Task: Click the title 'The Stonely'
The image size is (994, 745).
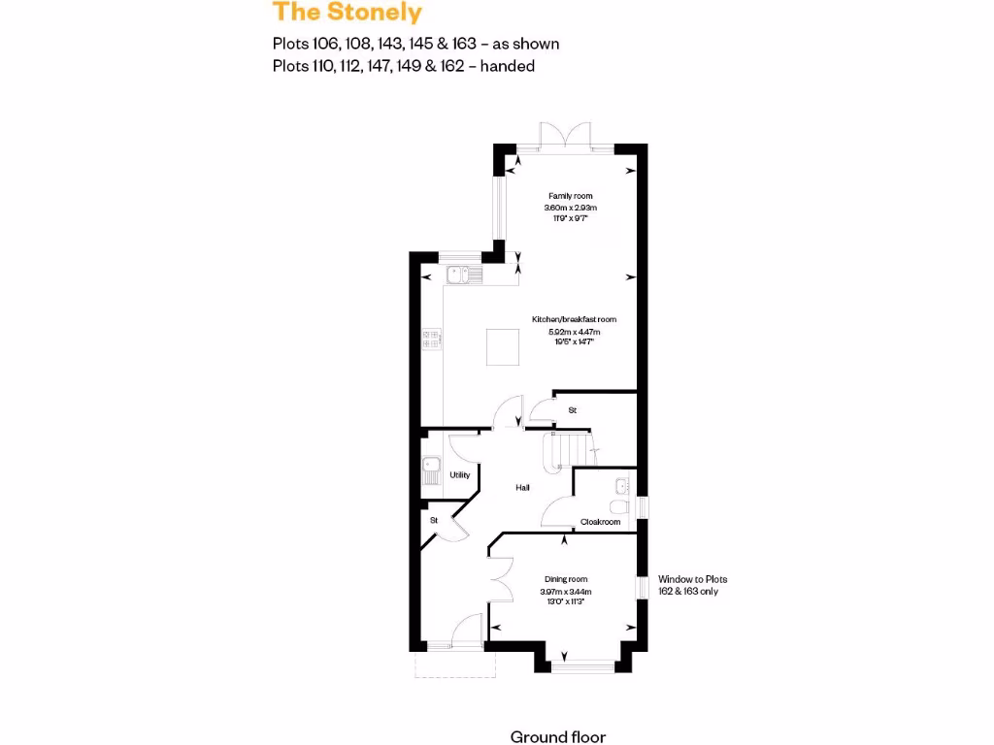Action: (347, 13)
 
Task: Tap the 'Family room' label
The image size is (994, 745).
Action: (570, 196)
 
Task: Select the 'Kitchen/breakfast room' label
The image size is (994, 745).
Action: (574, 319)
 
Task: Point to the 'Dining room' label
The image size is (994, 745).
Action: (566, 579)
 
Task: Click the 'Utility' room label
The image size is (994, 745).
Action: (460, 475)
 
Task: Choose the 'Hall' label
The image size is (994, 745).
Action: (522, 487)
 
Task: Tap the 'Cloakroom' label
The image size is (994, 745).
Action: (600, 522)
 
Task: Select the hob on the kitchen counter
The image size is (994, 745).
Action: (432, 338)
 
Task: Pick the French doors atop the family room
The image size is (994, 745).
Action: (565, 135)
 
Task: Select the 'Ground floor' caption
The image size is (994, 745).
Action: (557, 736)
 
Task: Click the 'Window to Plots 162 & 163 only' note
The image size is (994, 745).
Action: (692, 585)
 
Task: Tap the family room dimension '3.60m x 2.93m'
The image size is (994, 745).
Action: (570, 208)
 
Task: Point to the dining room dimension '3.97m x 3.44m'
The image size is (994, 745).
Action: (566, 591)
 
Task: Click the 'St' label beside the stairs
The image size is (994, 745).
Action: (573, 411)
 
